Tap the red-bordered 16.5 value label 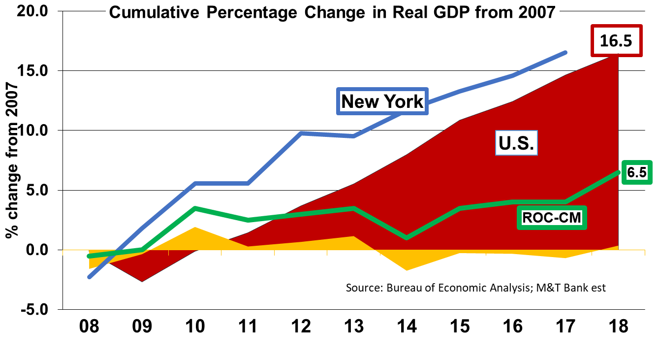point(616,41)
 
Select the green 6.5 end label point(636,172)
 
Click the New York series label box point(382,101)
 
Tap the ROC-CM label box point(552,217)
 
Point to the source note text point(476,288)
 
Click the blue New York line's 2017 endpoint point(565,52)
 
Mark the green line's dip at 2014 point(407,238)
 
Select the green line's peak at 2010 point(195,208)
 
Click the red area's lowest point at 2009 point(142,281)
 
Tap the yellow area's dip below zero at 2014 point(407,269)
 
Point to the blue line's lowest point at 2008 point(90,277)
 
